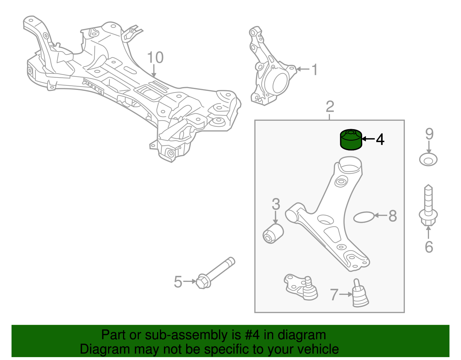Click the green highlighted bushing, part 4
(351, 140)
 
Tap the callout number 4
(380, 139)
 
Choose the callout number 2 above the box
(330, 107)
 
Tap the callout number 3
(276, 204)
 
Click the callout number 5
(178, 282)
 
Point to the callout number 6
(429, 247)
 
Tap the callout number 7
(334, 295)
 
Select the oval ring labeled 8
(364, 217)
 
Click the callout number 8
(392, 216)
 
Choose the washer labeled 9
(428, 160)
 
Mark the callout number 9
(429, 134)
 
